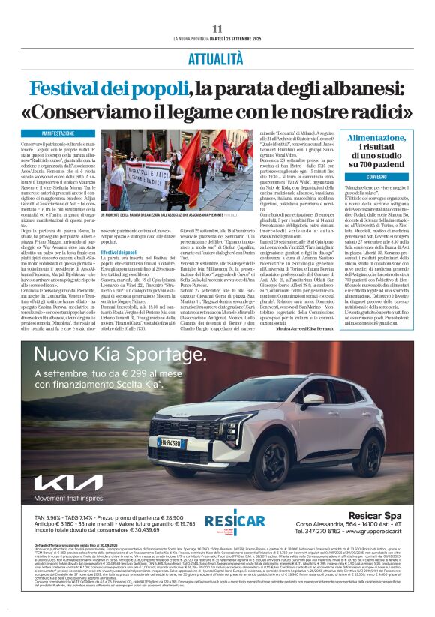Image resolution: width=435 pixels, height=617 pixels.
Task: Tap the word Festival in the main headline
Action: coord(68,88)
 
